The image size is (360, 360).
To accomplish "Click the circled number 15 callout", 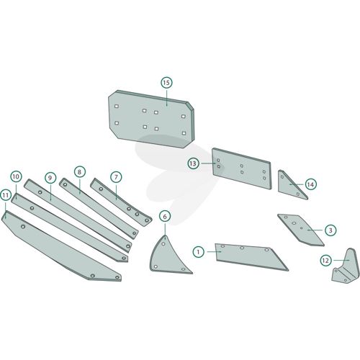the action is [x=166, y=83].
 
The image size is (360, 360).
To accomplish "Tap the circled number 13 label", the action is [x=193, y=163].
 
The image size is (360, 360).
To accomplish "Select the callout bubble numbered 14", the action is [x=310, y=184].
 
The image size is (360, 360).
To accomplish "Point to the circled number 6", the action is [x=165, y=217].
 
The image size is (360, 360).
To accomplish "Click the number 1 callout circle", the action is [x=199, y=252].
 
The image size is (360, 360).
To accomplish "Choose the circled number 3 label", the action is [x=330, y=230].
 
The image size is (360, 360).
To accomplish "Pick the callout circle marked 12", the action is [x=325, y=261].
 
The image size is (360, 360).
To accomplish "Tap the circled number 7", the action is [x=116, y=177].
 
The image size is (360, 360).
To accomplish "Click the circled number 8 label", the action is [x=79, y=172].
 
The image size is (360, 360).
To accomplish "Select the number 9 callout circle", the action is [x=50, y=178].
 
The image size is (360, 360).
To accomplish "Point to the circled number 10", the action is [x=16, y=177].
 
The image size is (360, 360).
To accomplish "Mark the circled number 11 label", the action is [x=6, y=195].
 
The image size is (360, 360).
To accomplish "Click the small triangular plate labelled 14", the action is [x=289, y=185].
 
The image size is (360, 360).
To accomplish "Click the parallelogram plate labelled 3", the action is [x=301, y=230].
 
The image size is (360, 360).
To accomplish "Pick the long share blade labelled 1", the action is [x=250, y=257].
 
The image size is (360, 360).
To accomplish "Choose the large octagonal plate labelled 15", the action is [x=151, y=120].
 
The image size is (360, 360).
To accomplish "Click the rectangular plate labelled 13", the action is [x=242, y=168].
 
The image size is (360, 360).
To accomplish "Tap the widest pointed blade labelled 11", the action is [x=60, y=247].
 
